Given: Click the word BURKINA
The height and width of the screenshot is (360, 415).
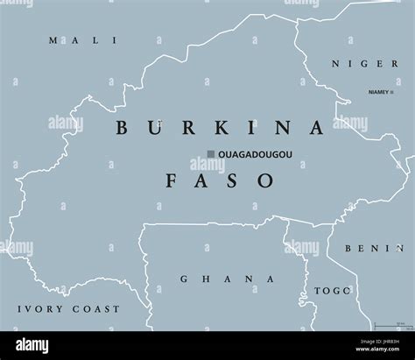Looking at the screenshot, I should [x=220, y=127].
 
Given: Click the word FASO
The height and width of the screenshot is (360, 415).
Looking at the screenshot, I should [x=219, y=180].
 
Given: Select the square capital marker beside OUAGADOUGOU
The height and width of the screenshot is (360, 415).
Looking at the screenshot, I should [x=211, y=155].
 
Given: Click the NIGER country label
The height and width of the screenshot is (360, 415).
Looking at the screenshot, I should [x=355, y=62].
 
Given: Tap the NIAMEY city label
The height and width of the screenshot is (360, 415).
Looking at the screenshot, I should [x=378, y=91].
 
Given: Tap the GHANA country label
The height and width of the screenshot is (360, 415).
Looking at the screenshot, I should [x=227, y=279].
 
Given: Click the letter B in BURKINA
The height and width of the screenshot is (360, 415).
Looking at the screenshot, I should [x=122, y=127].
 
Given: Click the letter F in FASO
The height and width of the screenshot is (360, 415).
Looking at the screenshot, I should [x=172, y=180].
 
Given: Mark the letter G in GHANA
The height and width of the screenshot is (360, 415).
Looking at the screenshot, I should [x=185, y=279].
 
